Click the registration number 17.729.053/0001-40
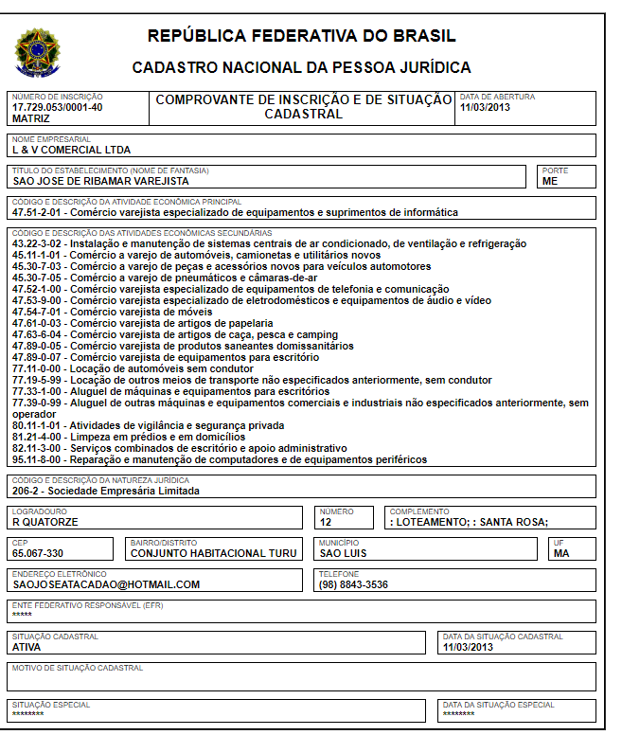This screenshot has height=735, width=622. coord(58,107)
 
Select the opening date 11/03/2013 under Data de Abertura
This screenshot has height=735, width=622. coord(485,107)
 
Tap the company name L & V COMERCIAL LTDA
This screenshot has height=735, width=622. coord(71,150)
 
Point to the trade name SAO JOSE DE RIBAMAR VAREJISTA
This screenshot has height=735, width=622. coord(100,181)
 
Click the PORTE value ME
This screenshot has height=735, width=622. coord(550,181)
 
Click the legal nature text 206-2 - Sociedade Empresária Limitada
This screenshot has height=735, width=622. coord(106,492)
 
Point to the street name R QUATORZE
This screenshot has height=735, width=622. coord(45,522)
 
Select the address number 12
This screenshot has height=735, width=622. coord(326,522)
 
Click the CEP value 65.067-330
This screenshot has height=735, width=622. coord(38,553)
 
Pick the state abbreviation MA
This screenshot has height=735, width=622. coord(561,553)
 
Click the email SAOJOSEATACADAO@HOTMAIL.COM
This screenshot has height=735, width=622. coord(106,584)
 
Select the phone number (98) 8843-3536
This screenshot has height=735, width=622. coord(353,584)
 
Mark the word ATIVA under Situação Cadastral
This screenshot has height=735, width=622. coord(27,648)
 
